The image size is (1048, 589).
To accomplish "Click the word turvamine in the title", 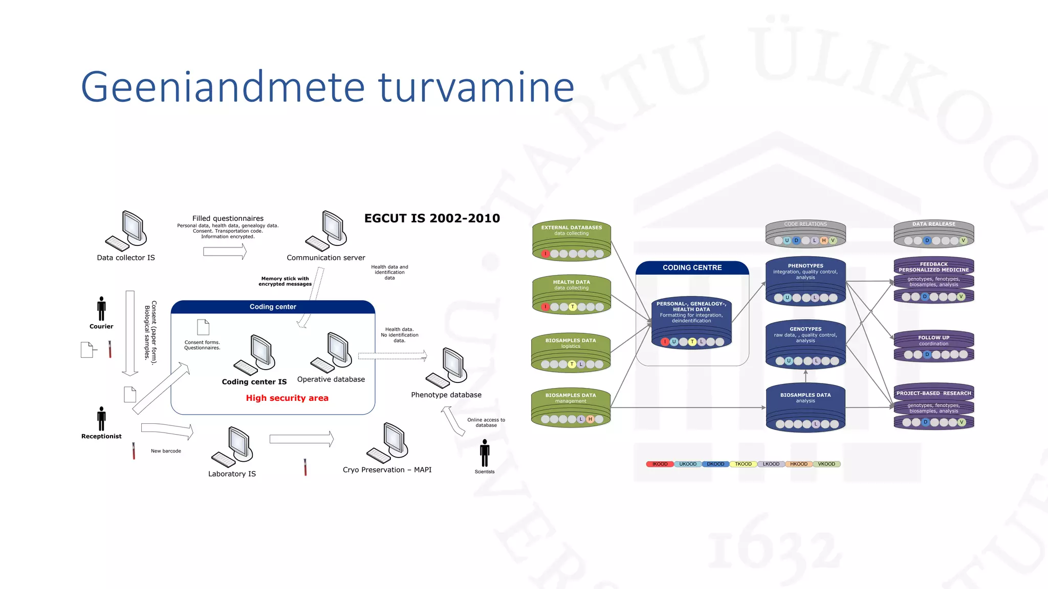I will (x=476, y=87).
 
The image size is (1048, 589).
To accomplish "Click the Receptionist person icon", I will (x=101, y=419).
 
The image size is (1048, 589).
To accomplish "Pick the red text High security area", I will (x=287, y=398).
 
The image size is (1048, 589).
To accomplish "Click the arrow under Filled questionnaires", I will (x=225, y=251).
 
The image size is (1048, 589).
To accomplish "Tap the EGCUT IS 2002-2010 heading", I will (x=432, y=218).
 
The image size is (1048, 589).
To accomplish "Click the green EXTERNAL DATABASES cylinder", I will (x=572, y=240).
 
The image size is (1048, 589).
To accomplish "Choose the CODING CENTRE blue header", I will (x=692, y=267).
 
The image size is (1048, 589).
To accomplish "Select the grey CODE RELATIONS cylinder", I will (x=805, y=233).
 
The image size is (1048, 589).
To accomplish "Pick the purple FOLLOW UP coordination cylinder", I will (x=933, y=346).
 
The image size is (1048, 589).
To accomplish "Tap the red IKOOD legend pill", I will (x=660, y=464).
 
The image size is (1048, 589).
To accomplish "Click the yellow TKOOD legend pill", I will (x=743, y=464).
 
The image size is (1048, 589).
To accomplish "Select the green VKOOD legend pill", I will (x=826, y=464).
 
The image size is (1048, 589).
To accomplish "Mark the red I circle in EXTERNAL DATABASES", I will (x=545, y=254).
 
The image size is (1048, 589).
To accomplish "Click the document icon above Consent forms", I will (x=203, y=327).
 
